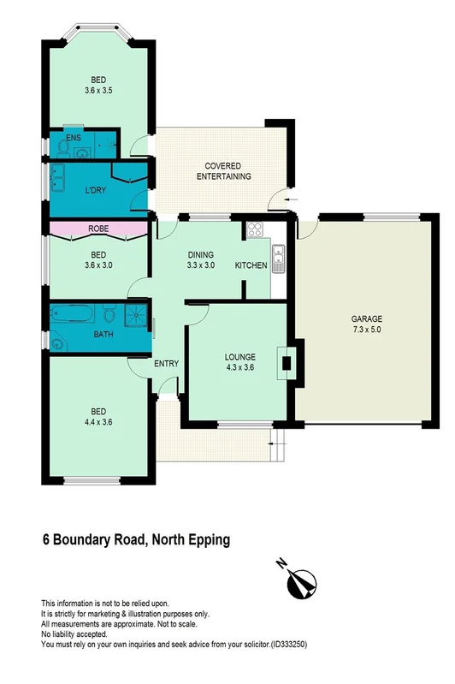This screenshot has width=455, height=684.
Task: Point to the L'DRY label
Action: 96,190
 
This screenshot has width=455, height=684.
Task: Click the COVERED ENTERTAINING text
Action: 222,171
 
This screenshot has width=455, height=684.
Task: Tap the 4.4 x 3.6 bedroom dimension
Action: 99,421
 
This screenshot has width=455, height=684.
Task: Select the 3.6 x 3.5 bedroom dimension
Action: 99,90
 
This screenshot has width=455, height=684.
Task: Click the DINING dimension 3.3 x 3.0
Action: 200,266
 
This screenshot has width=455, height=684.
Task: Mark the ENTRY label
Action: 166,364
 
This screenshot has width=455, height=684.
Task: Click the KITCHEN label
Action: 251,266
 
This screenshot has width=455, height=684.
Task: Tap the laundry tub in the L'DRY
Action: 57,181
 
